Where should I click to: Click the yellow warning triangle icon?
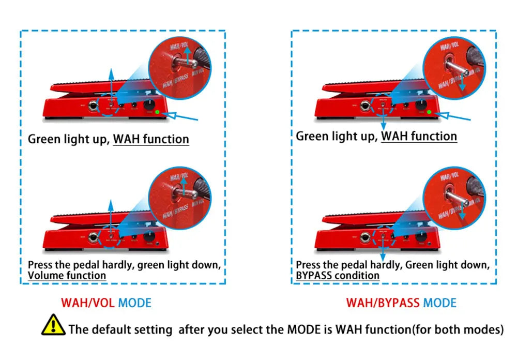tap(53, 325)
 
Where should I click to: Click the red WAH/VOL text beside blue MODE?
tap(88, 303)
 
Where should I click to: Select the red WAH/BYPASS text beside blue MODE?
tap(383, 303)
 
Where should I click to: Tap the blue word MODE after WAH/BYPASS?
tap(439, 303)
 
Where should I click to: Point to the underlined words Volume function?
tap(67, 276)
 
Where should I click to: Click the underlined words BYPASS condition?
tap(338, 276)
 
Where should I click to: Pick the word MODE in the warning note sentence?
tap(302, 329)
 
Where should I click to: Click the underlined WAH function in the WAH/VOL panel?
tap(151, 139)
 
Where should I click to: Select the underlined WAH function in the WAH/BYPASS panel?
tap(419, 137)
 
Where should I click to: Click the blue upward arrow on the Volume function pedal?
tap(110, 215)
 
